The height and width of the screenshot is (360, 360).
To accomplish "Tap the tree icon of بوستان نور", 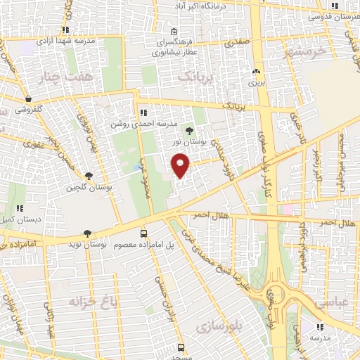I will tap(188, 130).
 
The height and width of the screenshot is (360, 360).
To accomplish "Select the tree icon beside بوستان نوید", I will tap(88, 233).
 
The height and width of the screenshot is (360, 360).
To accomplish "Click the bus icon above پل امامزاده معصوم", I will tap(144, 233).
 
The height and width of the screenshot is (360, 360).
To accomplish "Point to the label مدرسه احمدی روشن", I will tap(143, 124).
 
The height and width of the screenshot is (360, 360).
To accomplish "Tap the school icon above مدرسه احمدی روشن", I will tap(143, 112).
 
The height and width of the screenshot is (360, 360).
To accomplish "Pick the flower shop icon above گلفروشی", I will tap(27, 99).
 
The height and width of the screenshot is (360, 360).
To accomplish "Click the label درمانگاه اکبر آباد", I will tap(204, 6).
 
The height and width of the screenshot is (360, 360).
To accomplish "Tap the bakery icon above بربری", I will tap(256, 71).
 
